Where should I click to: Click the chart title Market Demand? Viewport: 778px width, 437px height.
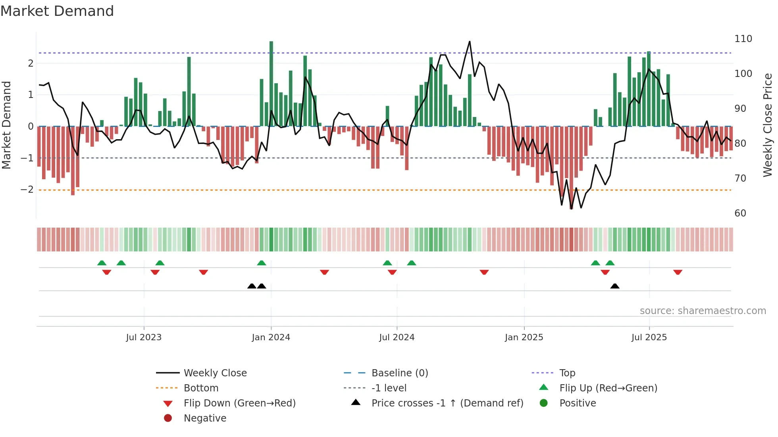(57, 11)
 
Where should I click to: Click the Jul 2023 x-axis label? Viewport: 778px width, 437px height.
(144, 337)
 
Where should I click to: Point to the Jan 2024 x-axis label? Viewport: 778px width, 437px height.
(271, 337)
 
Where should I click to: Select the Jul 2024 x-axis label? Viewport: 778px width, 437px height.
(397, 337)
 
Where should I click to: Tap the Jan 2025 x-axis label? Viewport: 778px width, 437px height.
(524, 337)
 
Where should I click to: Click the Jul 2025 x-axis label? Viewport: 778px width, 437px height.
(649, 337)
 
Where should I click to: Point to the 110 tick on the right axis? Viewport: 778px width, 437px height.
(743, 39)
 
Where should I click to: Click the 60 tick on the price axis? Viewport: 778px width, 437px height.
(740, 213)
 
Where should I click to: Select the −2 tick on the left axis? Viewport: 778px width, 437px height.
(27, 190)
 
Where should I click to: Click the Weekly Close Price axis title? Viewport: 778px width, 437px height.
(768, 125)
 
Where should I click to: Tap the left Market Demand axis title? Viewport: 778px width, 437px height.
(7, 125)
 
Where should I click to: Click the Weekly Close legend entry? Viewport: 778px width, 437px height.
(215, 373)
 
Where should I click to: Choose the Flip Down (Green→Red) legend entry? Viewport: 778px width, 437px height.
(239, 403)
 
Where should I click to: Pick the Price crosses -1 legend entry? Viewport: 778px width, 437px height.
(447, 403)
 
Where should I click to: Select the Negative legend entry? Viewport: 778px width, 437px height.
(205, 418)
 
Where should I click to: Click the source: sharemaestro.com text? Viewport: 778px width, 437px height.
(703, 311)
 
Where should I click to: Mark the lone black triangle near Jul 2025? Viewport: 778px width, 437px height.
(614, 286)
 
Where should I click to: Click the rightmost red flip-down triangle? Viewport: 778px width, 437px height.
(678, 272)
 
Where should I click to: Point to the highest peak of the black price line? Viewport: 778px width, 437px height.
(470, 42)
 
